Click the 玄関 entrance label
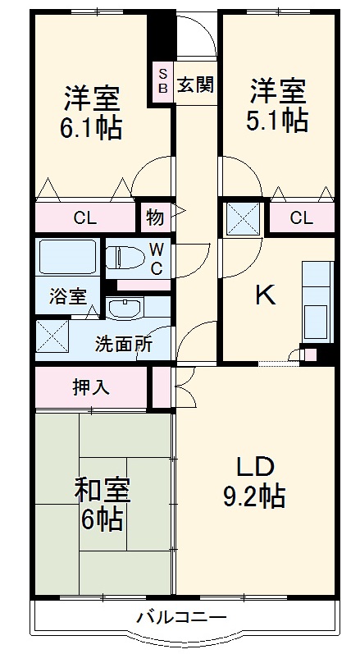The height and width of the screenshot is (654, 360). pyautogui.click(x=194, y=83)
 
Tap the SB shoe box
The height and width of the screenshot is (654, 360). pyautogui.click(x=162, y=80)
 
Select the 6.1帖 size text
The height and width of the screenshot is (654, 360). pyautogui.click(x=91, y=128)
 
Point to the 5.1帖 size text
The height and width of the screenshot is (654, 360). pyautogui.click(x=278, y=120)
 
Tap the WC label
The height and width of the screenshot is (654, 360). pyautogui.click(x=156, y=257)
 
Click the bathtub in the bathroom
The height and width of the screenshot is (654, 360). pyautogui.click(x=67, y=256)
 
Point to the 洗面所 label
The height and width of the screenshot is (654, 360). pyautogui.click(x=123, y=345)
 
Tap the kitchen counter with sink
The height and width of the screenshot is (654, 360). pyautogui.click(x=315, y=299)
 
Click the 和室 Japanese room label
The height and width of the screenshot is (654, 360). pyautogui.click(x=103, y=492)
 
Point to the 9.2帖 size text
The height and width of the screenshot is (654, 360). pyautogui.click(x=255, y=496)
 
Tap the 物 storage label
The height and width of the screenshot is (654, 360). pyautogui.click(x=155, y=218)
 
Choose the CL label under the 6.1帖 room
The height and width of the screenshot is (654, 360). pyautogui.click(x=84, y=218)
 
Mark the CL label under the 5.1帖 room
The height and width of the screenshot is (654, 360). pyautogui.click(x=301, y=218)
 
